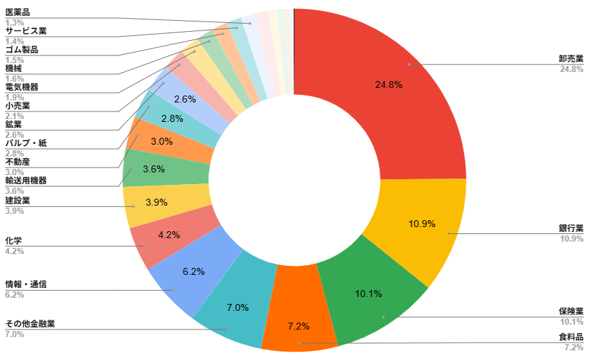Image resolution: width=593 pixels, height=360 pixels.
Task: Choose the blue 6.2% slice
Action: [193, 270]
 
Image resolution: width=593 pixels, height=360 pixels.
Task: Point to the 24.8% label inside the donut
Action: [389, 84]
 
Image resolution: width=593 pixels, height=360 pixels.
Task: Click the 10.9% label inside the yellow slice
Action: [422, 224]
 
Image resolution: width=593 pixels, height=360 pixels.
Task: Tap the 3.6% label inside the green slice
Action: [154, 169]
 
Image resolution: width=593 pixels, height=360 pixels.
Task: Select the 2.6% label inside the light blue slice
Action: [185, 100]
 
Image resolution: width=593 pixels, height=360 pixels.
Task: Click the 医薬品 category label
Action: [17, 12]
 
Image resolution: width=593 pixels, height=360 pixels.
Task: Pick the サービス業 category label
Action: [26, 31]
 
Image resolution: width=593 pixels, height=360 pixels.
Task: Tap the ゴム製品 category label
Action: [21, 50]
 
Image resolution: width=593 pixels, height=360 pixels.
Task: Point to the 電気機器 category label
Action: [21, 87]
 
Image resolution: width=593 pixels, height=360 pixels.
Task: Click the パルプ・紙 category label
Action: [26, 143]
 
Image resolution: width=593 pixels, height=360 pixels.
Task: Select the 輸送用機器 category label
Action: [26, 181]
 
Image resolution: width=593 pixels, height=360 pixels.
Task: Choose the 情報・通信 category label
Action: [26, 285]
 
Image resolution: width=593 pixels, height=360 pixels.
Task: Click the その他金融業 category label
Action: [30, 324]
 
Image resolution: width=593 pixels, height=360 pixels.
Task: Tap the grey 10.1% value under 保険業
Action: [572, 322]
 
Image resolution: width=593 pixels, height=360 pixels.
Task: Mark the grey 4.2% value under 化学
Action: [15, 251]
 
